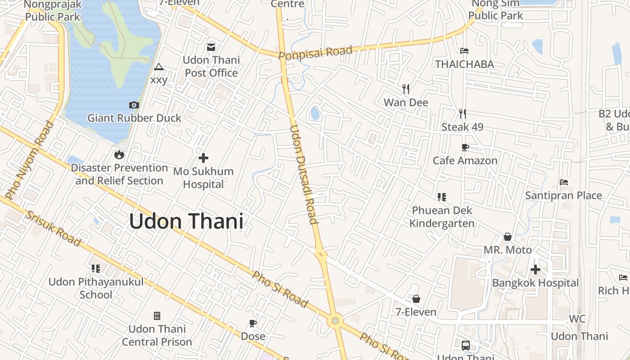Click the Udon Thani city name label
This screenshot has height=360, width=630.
coord(186,221)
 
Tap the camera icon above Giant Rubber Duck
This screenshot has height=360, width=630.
coord(134,105)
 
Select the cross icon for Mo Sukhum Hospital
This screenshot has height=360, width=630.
coord(203,158)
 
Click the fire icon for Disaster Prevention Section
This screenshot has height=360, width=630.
coord(119,155)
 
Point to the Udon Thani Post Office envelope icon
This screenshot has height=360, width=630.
coord(211,47)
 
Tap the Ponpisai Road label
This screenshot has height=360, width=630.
coord(315,52)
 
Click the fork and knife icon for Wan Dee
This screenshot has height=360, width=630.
coord(406,89)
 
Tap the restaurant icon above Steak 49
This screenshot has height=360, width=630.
coord(462,114)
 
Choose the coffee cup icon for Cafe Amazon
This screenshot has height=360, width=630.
coord(465,147)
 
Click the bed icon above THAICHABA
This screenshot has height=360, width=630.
coord(464,51)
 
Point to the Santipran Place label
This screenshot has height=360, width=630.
coord(563,195)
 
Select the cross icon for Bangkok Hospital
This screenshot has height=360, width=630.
coord(535,270)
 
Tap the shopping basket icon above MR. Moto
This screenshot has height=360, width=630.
coord(508,237)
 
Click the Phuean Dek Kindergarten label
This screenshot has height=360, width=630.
coord(442,216)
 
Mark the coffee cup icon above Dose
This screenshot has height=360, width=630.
coord(253,323)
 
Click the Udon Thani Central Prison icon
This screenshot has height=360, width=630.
coord(157,316)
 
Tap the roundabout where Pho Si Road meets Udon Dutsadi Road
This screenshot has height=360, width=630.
coord(335,321)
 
